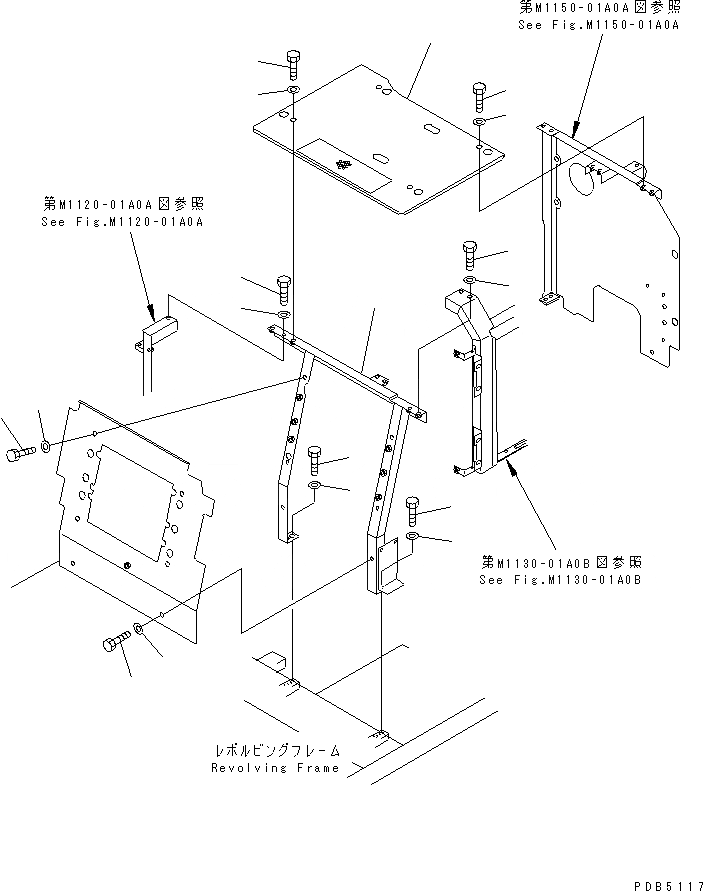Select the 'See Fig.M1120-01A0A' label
(136, 222)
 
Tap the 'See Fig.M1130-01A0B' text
(560, 579)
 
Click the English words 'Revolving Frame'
(276, 768)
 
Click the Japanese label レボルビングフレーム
(277, 750)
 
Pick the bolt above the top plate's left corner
(292, 65)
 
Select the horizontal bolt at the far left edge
(16, 455)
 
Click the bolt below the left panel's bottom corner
(116, 641)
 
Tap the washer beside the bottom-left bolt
(140, 632)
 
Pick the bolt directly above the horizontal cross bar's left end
(283, 290)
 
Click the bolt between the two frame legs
(316, 461)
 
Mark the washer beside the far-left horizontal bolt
(46, 443)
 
